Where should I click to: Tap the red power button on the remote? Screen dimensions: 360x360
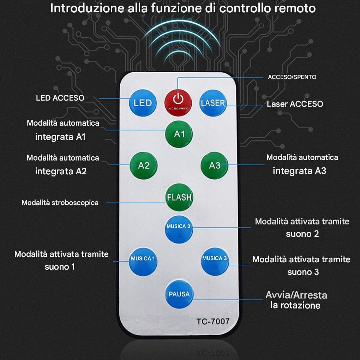[179, 101]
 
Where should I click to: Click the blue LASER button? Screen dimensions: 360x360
[213, 103]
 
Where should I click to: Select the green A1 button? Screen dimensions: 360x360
[179, 134]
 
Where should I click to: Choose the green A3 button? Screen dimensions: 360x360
[214, 165]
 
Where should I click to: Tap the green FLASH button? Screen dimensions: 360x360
[179, 197]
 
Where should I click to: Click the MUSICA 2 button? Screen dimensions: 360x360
[179, 229]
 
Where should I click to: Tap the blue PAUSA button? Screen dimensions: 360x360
[179, 294]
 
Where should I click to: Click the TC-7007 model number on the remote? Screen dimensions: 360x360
[213, 322]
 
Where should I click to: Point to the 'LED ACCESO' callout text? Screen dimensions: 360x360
[60, 98]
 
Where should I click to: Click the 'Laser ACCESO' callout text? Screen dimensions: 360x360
[295, 104]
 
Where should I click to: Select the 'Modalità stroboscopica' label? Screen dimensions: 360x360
[60, 203]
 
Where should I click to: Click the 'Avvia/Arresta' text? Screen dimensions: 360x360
[296, 295]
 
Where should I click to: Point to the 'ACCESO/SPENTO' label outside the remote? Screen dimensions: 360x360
[292, 77]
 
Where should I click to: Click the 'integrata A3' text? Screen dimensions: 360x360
[299, 171]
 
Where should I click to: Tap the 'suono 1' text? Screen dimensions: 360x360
[60, 267]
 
